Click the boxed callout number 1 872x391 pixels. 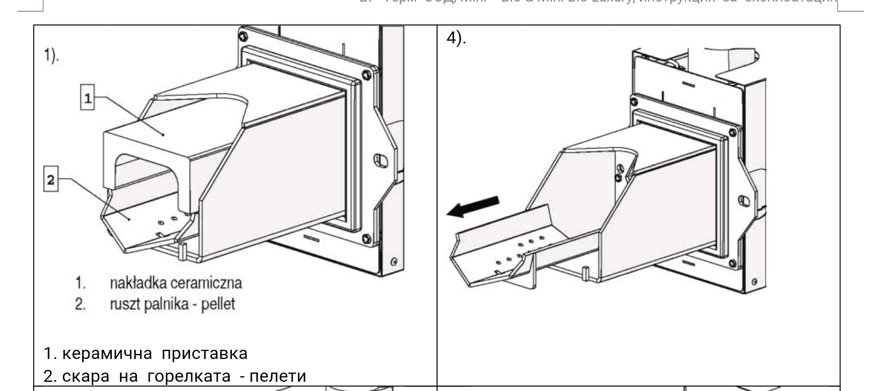(87, 98)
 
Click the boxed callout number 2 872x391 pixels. (50, 180)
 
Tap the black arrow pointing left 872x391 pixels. (472, 207)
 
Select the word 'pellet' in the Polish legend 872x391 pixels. (218, 304)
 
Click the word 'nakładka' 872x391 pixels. (138, 283)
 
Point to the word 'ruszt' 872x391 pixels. (124, 304)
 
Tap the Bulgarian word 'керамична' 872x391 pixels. (107, 354)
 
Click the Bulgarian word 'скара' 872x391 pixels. (86, 376)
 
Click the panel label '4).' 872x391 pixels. (456, 38)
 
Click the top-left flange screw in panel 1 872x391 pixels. (243, 36)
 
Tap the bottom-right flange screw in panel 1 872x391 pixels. (367, 238)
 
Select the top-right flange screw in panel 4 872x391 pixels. (733, 132)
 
